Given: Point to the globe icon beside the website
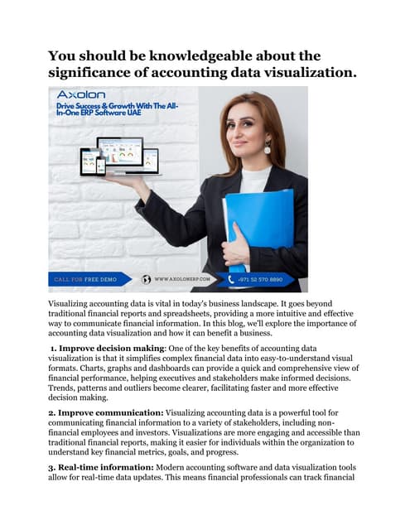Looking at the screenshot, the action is (147, 280).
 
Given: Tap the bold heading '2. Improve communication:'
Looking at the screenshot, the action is (104, 412).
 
